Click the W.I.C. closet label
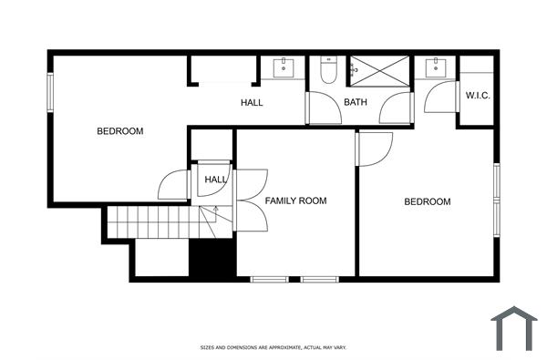tap(479, 95)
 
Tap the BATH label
tap(355, 102)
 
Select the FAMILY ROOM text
tap(295, 201)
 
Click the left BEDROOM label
tap(120, 131)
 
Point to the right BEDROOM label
tap(428, 201)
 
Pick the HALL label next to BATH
tap(252, 102)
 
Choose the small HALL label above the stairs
tap(216, 180)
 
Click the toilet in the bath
tap(329, 70)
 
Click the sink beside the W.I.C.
tap(437, 67)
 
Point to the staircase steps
tap(150, 221)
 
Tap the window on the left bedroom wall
tap(50, 94)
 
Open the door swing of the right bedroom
tap(374, 149)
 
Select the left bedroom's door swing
tap(174, 185)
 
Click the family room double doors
tap(250, 200)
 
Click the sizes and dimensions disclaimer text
tap(273, 347)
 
